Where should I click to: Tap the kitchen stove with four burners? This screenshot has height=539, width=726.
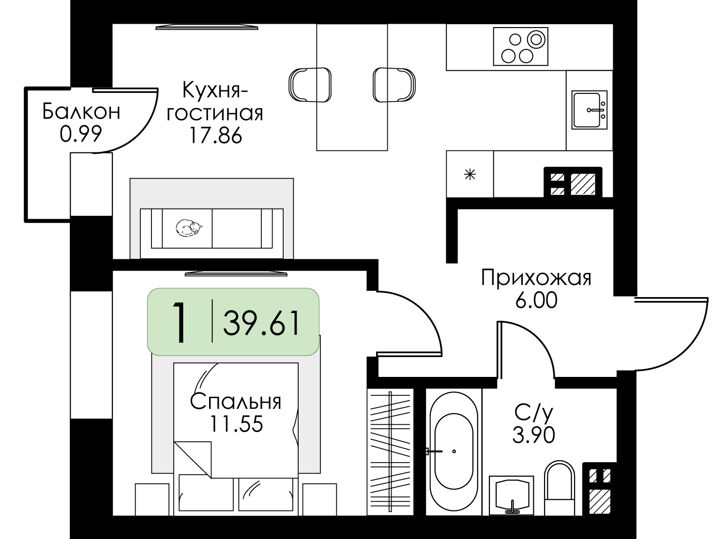520,46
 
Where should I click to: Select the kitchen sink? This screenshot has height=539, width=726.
589,110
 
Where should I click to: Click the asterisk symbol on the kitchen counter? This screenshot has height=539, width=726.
469,174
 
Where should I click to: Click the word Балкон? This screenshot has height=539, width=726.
81,112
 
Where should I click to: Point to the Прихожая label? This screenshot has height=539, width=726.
536,279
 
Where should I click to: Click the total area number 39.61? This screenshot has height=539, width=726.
262,323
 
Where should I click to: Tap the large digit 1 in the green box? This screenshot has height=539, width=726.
181,322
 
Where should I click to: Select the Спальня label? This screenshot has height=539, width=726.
236,402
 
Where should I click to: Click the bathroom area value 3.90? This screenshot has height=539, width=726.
533,435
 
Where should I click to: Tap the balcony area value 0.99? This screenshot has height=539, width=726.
81,134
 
